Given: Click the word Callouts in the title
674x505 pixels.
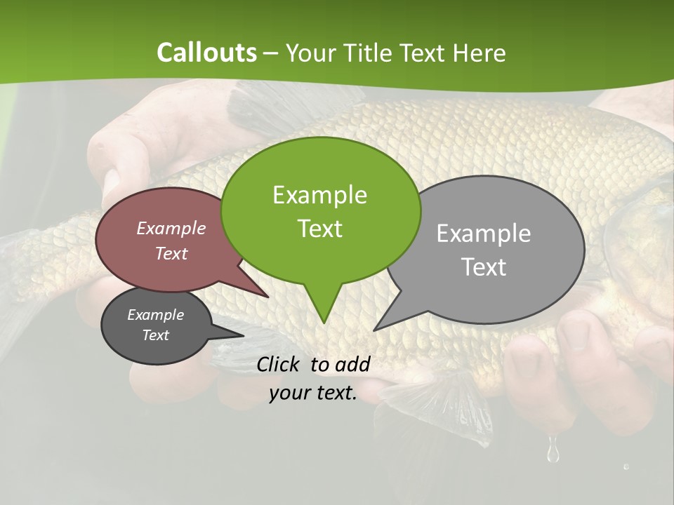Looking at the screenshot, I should pyautogui.click(x=206, y=53).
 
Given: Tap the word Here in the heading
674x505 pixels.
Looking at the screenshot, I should pyautogui.click(x=480, y=53).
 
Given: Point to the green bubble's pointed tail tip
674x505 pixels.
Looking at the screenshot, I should pyautogui.click(x=324, y=323).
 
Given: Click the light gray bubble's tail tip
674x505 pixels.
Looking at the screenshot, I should pyautogui.click(x=374, y=330).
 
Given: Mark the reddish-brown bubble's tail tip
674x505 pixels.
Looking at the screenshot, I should pyautogui.click(x=268, y=297).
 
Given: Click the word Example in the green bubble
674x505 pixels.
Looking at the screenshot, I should pyautogui.click(x=319, y=195).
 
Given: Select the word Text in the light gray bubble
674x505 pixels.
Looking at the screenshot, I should pyautogui.click(x=484, y=267).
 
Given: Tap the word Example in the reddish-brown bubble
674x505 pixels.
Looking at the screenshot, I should pyautogui.click(x=171, y=228).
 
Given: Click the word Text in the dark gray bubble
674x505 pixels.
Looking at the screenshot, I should pyautogui.click(x=156, y=335).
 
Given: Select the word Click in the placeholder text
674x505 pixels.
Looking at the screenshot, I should pyautogui.click(x=280, y=364).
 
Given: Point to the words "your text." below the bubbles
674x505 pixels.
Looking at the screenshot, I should pyautogui.click(x=313, y=393).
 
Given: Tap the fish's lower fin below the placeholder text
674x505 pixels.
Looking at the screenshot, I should pyautogui.click(x=449, y=407).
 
